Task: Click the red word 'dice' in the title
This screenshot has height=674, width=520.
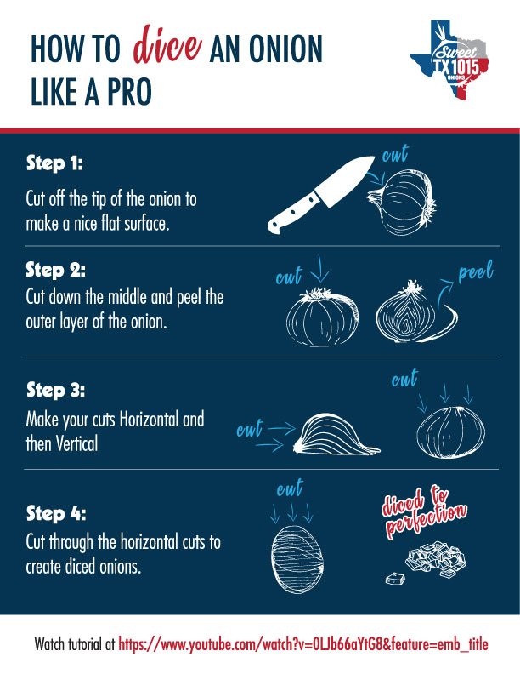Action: point(166,49)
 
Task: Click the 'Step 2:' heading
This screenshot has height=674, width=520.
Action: point(55,270)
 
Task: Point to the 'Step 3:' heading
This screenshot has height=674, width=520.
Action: point(55,391)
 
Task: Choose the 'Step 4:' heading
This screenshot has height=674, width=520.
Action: point(55,514)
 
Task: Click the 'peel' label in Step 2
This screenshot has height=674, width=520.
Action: point(475,274)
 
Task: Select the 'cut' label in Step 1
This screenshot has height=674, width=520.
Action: point(394,156)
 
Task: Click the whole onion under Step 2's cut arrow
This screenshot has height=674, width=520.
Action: point(319,317)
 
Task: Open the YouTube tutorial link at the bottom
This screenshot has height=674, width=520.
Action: point(303,643)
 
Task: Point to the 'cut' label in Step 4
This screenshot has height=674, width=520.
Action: point(291,489)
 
